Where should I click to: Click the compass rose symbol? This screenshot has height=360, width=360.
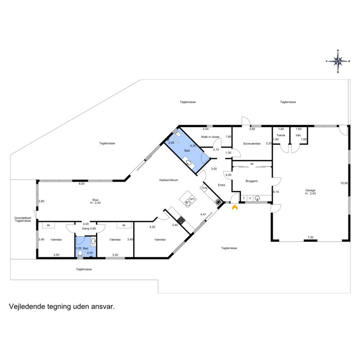pyautogui.click(x=338, y=61)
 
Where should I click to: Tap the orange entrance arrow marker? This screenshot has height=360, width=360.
pyautogui.click(x=234, y=207)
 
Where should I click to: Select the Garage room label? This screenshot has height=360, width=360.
pyautogui.click(x=310, y=190)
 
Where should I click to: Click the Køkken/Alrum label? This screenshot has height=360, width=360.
pyautogui.click(x=168, y=180)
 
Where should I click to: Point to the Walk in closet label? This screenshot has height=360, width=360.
pyautogui.click(x=210, y=137)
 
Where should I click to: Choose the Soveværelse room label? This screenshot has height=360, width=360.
pyautogui.click(x=252, y=144)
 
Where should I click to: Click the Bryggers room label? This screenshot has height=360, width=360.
pyautogui.click(x=252, y=181)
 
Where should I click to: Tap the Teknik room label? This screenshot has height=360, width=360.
pyautogui.click(x=281, y=135)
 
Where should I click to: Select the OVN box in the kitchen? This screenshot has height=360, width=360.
pyautogui.click(x=204, y=188)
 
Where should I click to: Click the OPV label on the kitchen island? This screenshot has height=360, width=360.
pyautogui.click(x=192, y=199)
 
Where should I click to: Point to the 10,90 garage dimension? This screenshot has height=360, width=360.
pyautogui.click(x=344, y=183)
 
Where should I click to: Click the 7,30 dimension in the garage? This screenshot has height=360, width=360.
pyautogui.click(x=310, y=238)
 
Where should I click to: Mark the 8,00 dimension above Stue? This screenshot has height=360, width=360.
pyautogui.click(x=81, y=184)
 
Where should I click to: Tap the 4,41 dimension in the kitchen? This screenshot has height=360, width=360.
pyautogui.click(x=203, y=214)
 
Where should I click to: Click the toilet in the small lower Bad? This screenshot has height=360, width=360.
pyautogui.click(x=80, y=253)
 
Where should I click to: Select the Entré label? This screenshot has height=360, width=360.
pyautogui.click(x=221, y=185)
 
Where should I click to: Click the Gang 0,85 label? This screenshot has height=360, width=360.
pyautogui.click(x=89, y=229)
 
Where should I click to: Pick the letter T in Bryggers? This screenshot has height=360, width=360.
pyautogui.click(x=243, y=198)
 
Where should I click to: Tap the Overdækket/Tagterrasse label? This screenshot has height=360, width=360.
pyautogui.click(x=23, y=219)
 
